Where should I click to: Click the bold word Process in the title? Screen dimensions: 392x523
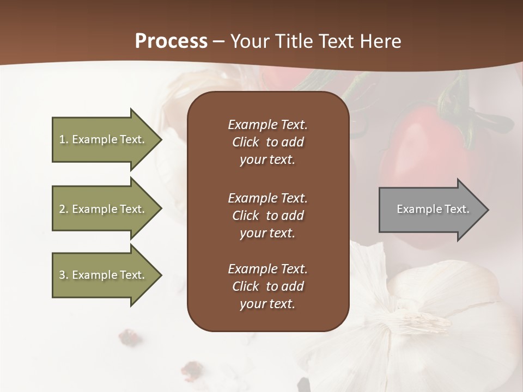(171, 41)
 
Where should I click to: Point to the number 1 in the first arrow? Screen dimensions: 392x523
(62, 139)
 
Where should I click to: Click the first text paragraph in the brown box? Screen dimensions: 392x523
(267, 142)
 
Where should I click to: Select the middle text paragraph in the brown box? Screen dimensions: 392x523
(267, 215)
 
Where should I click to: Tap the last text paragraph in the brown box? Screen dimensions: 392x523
(267, 286)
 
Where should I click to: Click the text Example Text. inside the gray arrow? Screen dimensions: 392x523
(433, 209)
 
